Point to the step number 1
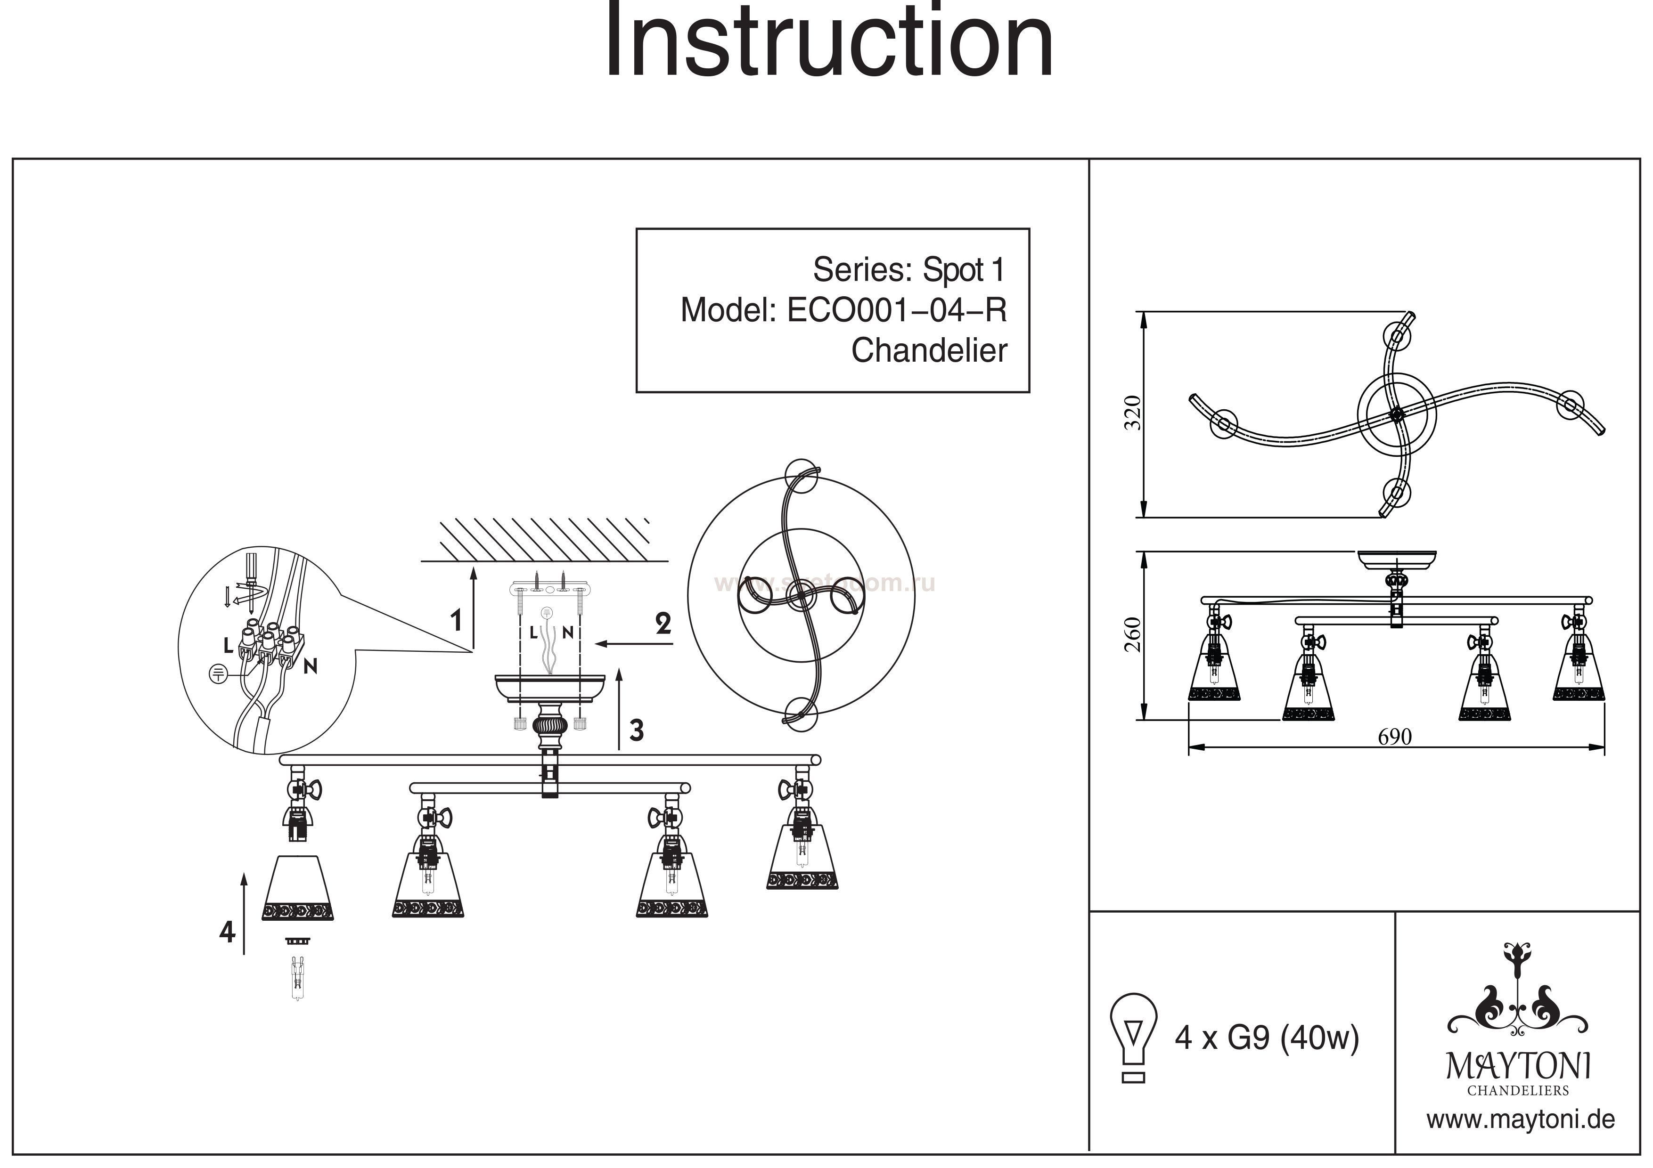click(x=455, y=620)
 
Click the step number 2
click(x=663, y=623)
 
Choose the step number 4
click(x=227, y=933)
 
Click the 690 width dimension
click(x=1394, y=737)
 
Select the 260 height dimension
click(x=1134, y=634)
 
